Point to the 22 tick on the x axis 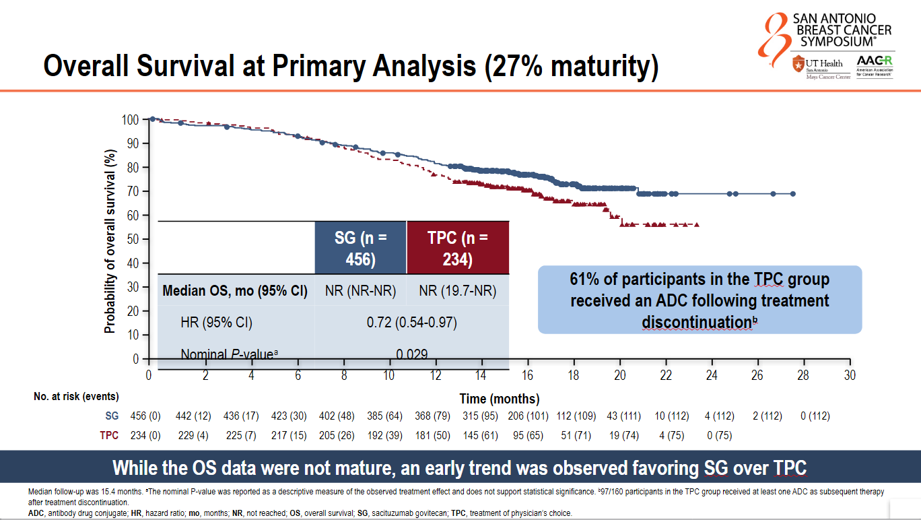pos(666,375)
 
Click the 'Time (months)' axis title pos(500,399)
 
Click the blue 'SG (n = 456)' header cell pos(360,247)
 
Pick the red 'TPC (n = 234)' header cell pos(458,247)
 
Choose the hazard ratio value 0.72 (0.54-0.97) pos(411,323)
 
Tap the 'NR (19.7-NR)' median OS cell pos(458,291)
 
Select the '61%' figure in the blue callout pos(585,279)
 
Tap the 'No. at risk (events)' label pos(76,397)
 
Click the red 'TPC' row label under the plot pos(109,436)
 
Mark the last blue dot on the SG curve pos(792,194)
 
